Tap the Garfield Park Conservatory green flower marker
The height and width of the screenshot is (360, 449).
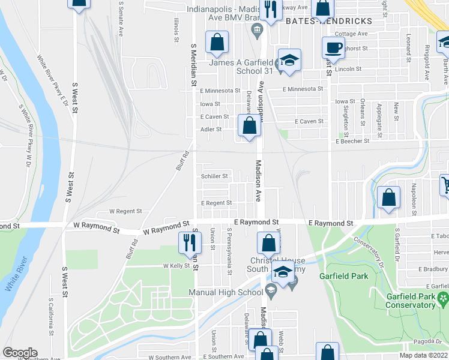pos(443,298)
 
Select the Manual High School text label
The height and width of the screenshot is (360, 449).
pos(226,293)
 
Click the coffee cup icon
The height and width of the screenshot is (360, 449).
pos(333,48)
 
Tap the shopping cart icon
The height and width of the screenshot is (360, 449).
pos(445,185)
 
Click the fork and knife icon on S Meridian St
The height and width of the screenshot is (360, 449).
pos(190,242)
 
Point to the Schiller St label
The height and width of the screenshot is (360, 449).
pos(214,176)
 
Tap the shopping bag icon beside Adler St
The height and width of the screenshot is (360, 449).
pos(249,126)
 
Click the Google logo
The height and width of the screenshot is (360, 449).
pos(19,353)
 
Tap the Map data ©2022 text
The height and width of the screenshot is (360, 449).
pos(424,356)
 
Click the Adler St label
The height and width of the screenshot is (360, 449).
pos(211,129)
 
